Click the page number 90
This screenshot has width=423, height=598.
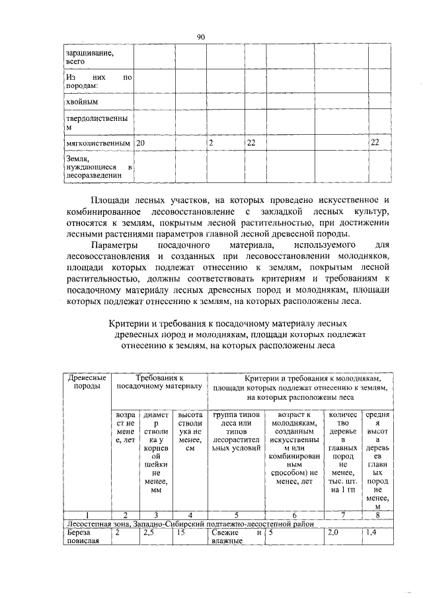201,38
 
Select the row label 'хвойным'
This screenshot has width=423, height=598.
81,102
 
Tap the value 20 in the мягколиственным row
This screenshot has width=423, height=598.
141,143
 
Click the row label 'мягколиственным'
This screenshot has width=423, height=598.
96,143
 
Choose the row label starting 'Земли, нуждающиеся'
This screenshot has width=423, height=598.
96,167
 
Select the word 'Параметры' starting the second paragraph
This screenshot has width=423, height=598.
113,244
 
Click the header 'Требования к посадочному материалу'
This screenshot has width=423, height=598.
159,381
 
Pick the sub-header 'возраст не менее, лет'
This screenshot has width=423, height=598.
125,431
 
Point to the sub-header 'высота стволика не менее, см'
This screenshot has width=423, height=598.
190,431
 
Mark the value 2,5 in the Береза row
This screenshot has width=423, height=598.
151,531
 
